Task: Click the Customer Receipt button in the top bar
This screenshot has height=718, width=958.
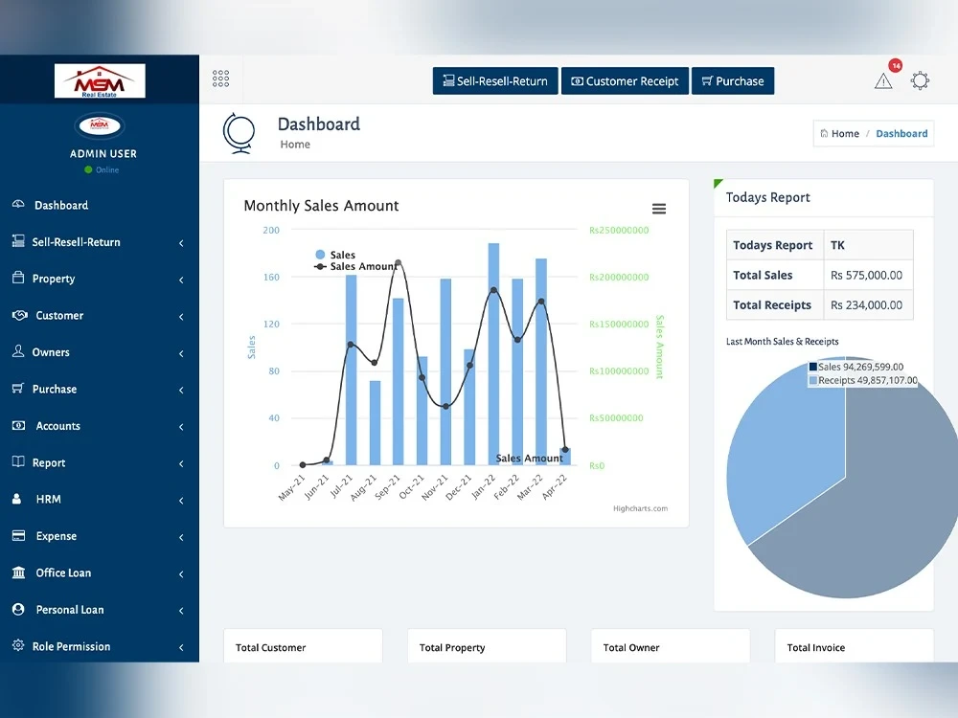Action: pos(625,81)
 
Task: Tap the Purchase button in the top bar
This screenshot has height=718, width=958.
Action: pos(733,81)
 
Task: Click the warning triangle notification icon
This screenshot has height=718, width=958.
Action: pos(883,80)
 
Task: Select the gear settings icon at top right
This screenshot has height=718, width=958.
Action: pos(920,80)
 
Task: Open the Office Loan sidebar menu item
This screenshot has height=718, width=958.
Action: pos(63,572)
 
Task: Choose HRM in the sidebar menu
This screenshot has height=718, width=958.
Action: pos(48,500)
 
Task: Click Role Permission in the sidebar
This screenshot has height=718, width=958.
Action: pos(71,646)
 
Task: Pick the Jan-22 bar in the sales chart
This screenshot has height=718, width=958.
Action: pos(493,354)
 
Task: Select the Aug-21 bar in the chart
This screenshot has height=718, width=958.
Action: pos(376,423)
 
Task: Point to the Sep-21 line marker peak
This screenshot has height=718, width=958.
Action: pos(399,263)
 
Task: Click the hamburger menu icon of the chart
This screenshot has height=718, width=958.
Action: pos(659,209)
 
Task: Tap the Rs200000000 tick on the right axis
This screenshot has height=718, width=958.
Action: pos(619,278)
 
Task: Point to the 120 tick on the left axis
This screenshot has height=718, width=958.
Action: pos(271,325)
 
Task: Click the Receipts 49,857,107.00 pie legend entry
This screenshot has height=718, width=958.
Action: pos(863,380)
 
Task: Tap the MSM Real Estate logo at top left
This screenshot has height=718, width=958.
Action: pos(100,80)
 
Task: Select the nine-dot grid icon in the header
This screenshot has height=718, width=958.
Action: pos(220,79)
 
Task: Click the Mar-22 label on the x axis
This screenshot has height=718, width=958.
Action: pos(529,487)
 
